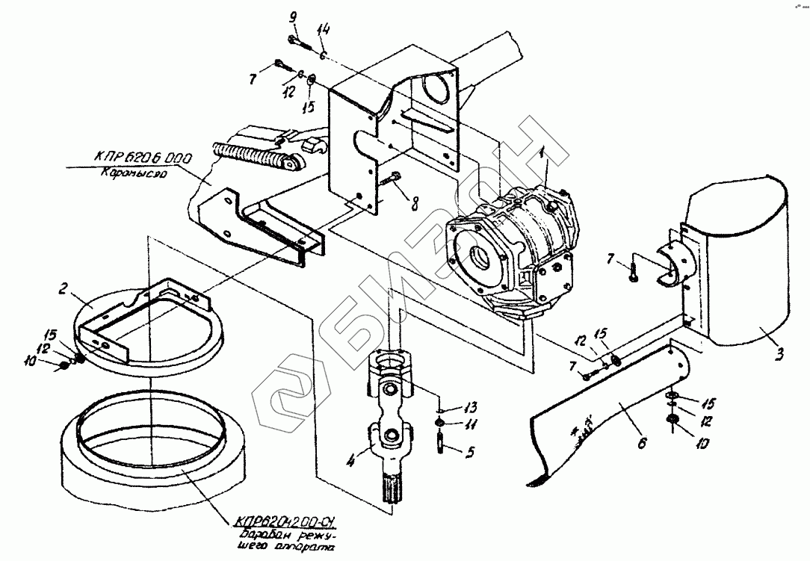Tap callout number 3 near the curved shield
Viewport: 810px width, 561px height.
tap(779, 353)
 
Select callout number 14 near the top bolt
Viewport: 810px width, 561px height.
tap(323, 31)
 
